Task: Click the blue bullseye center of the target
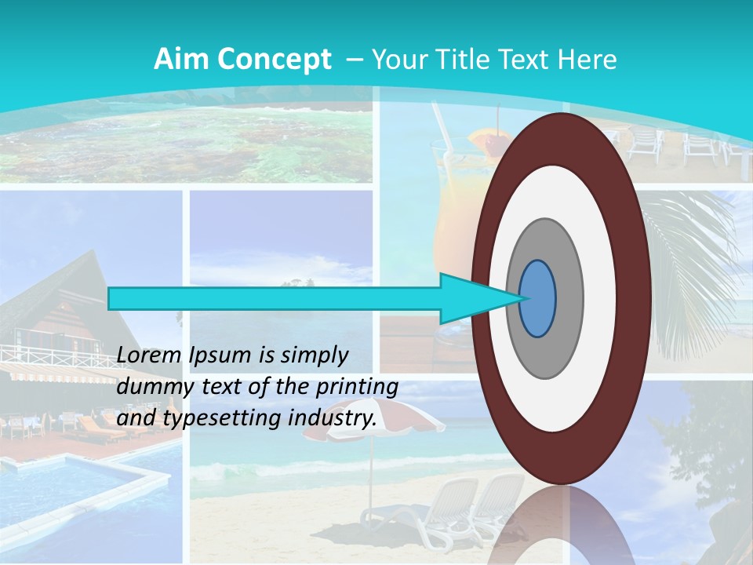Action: (538, 299)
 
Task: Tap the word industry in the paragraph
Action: (330, 419)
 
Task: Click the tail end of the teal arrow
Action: (115, 299)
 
